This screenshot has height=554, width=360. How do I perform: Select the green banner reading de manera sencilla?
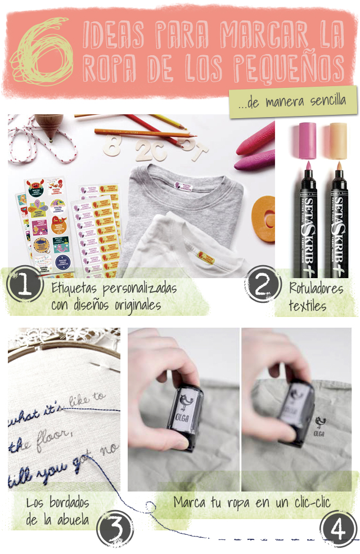tap(293, 102)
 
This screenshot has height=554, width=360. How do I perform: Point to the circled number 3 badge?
tap(115, 529)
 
